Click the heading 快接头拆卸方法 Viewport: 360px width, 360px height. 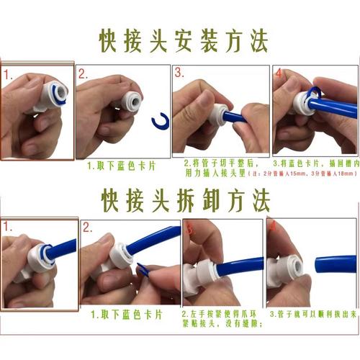point(179,197)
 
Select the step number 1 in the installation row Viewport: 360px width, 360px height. point(8,74)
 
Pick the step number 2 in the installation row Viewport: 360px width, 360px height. point(84,73)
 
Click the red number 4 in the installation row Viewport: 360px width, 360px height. point(277,73)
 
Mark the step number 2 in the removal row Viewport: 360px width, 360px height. point(87,227)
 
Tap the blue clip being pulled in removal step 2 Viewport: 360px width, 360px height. point(143,271)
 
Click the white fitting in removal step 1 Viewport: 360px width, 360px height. point(32,256)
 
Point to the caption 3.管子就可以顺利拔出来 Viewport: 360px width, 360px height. point(312,315)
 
